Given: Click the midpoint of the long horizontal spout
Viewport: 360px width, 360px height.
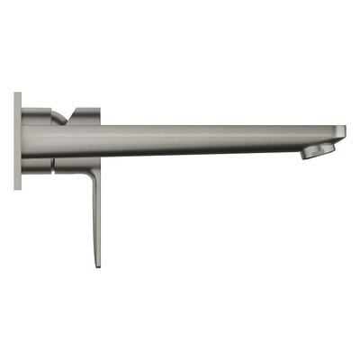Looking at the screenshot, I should click(x=216, y=138).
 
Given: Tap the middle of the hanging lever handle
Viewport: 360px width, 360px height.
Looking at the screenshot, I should click(x=93, y=216).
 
